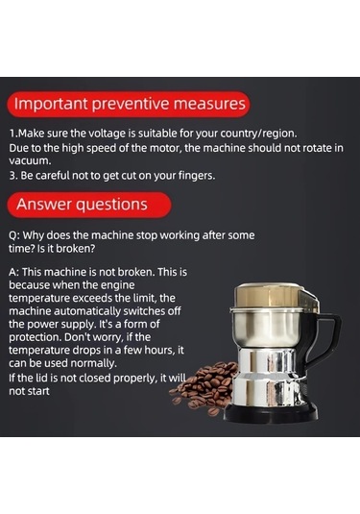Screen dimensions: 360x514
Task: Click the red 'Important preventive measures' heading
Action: tap(129, 105)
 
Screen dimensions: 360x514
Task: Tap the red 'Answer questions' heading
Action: tap(89, 205)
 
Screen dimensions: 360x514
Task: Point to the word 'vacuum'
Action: tap(29, 161)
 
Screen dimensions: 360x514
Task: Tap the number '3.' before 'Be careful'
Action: tap(13, 176)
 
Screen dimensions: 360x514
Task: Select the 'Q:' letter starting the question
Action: tap(15, 235)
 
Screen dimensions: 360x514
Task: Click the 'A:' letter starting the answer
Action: tap(14, 272)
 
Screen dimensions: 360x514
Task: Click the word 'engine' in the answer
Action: tap(117, 285)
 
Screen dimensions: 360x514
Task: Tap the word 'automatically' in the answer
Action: tap(87, 311)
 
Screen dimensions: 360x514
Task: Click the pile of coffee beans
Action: tap(204, 387)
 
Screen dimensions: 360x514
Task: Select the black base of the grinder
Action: tap(271, 412)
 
